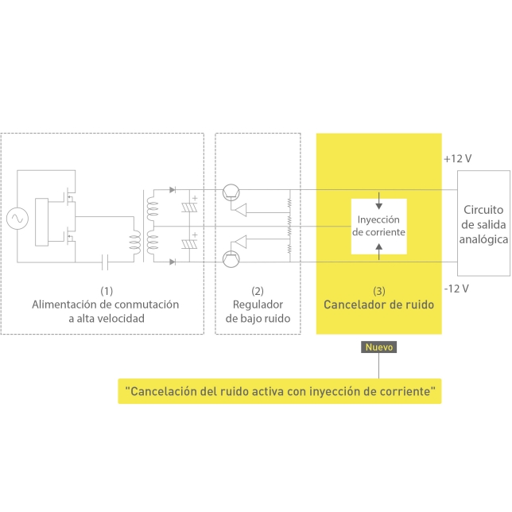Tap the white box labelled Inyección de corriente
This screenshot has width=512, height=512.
[x=378, y=225]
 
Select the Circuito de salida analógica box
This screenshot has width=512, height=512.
[x=484, y=223]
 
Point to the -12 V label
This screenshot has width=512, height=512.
[x=456, y=287]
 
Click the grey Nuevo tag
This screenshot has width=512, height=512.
[x=378, y=347]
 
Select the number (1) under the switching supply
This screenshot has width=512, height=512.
[x=107, y=290]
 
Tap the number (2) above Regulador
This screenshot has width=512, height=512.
[x=257, y=290]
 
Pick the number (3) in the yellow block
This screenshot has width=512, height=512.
[x=378, y=290]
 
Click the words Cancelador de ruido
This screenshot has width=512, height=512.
[x=378, y=304]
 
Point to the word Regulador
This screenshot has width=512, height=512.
[x=257, y=304]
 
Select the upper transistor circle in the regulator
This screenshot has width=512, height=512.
[x=231, y=191]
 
